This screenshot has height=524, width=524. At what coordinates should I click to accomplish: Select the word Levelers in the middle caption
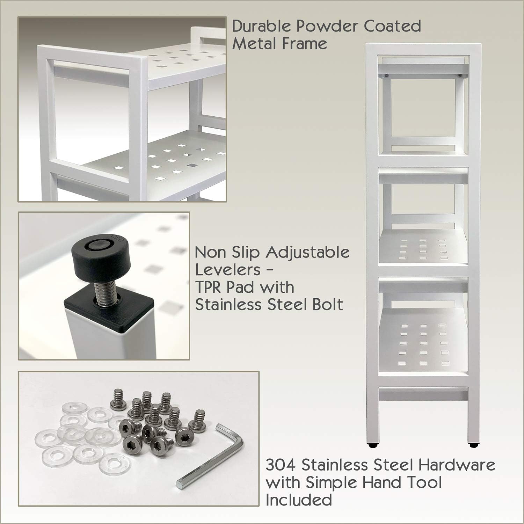point(228,270)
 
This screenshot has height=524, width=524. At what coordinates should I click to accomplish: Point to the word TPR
point(210,287)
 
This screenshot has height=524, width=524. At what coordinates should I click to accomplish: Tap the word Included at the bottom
point(298,500)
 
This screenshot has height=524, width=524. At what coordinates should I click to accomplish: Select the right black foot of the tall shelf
point(473,445)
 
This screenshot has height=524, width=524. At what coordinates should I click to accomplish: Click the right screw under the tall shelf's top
point(460,75)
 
